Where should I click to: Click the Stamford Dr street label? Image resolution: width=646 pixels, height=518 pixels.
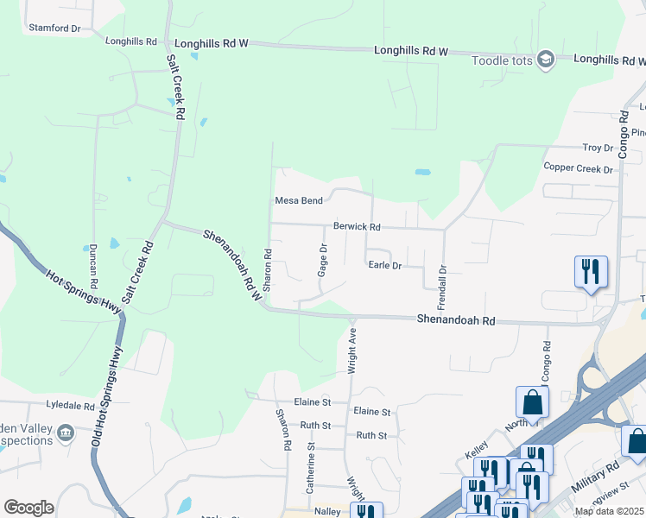54,28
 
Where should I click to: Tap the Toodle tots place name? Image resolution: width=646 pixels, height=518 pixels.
501,60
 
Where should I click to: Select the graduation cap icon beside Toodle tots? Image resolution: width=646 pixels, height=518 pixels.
545,60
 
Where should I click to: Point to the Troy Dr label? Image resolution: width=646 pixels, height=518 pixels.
597,148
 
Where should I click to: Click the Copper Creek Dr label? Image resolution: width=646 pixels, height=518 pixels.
577,167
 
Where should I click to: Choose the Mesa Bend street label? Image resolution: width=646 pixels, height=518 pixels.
299,200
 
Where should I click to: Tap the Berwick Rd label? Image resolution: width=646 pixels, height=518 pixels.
357,226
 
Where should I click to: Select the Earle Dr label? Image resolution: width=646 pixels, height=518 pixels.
385,266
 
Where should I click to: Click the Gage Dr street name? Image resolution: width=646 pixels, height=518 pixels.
323,259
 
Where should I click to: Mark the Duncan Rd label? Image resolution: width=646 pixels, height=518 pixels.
93,265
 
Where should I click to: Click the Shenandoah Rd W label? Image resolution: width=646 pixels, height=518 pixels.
233,264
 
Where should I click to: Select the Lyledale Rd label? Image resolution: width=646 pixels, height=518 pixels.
70,405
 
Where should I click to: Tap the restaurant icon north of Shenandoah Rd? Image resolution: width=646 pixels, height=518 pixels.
591,271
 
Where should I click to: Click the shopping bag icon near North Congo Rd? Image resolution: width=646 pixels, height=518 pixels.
532,401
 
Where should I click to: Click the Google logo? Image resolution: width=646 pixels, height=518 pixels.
28,508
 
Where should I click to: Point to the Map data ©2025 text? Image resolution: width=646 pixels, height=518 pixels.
610,511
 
